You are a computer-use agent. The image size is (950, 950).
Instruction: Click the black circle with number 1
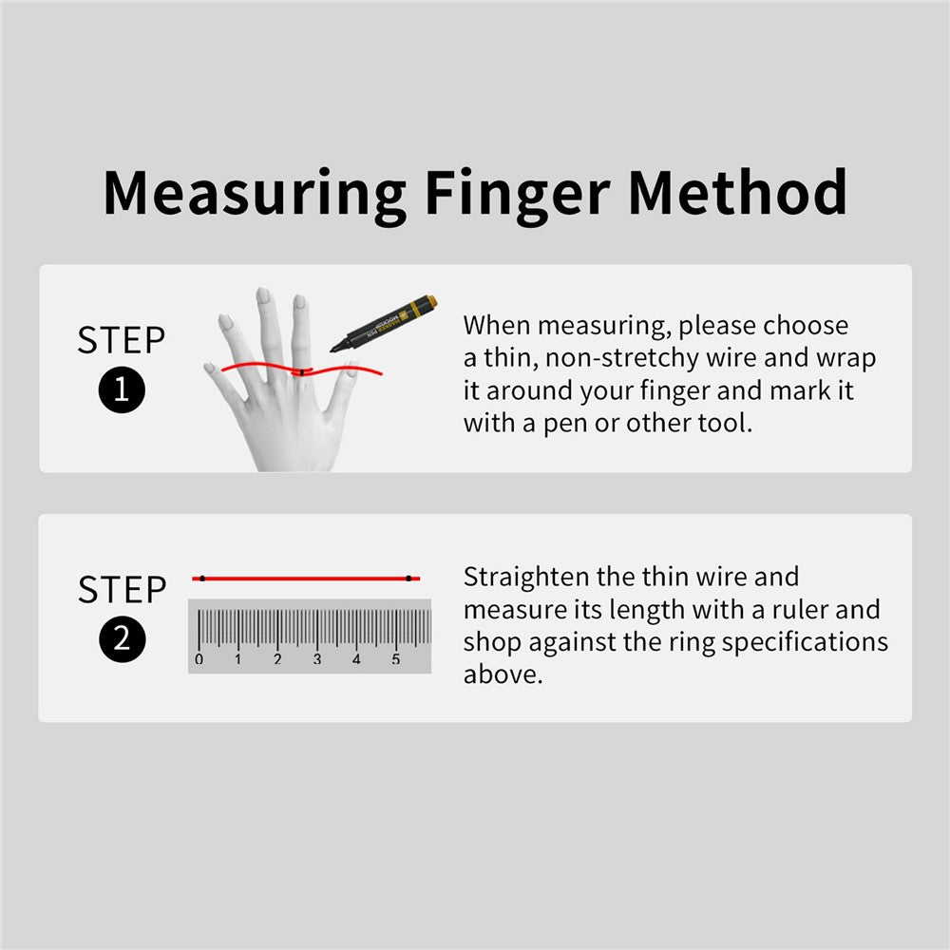click(122, 389)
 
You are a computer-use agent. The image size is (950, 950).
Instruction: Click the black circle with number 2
click(122, 639)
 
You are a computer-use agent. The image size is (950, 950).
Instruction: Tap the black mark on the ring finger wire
click(302, 372)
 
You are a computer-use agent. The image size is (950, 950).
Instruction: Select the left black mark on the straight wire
click(202, 579)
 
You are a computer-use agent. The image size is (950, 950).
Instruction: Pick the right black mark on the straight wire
click(408, 579)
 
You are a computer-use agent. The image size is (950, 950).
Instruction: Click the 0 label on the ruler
click(199, 659)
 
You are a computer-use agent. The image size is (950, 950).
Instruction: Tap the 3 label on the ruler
click(317, 659)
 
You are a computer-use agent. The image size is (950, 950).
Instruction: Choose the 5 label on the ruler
click(395, 659)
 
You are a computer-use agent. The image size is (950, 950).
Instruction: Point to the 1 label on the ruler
click(238, 659)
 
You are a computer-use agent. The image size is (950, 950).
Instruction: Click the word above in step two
click(503, 674)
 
